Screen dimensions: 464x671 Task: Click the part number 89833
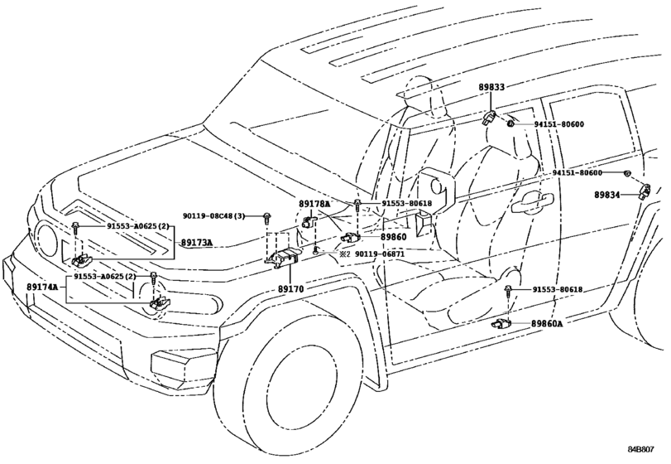pos(491,86)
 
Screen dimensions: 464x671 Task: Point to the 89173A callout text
pos(197,243)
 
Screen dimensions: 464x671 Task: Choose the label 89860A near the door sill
pos(547,323)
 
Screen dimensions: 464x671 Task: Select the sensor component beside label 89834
pos(644,192)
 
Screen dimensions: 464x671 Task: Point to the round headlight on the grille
pos(46,241)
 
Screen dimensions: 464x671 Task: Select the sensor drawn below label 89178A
pos(308,222)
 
